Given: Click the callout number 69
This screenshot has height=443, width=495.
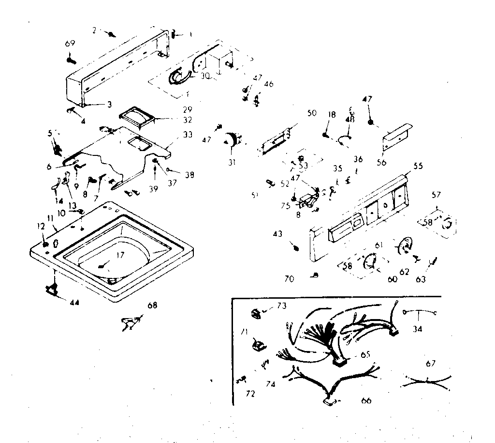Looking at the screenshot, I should [x=70, y=44].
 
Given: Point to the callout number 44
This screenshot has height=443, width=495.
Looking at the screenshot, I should [x=74, y=303].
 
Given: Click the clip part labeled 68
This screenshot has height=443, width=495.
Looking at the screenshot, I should [x=130, y=322].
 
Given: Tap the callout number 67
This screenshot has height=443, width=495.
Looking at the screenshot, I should [x=431, y=363].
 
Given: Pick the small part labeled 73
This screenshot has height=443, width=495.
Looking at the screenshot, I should [x=256, y=314].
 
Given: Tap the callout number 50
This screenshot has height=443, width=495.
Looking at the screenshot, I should [x=311, y=113].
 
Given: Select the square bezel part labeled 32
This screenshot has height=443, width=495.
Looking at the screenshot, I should [x=137, y=117].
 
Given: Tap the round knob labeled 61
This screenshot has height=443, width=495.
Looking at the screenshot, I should [x=403, y=245].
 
